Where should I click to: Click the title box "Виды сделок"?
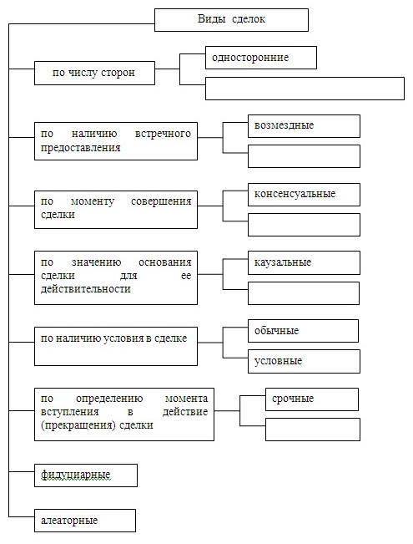pos(231,20)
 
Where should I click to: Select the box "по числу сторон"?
pos(94,74)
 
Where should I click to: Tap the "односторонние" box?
pos(261,58)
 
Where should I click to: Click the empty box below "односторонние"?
pos(305,89)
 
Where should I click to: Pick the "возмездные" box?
pos(304,126)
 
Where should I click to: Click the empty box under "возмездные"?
pos(304,156)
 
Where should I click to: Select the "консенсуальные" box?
pos(304,195)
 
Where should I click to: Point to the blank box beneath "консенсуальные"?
pos(304,225)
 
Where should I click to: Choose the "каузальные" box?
pos(304,263)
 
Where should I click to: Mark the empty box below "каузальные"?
pos(304,293)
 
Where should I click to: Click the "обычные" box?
pos(303,331)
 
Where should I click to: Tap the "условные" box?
pos(304,362)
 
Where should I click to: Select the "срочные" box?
pos(312,399)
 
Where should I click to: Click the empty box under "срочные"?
pos(313,430)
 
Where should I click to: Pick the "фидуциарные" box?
pos(86,475)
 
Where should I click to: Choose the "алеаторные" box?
pos(85,521)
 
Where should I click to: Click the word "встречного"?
pos(163,134)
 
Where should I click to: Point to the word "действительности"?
pos(86,288)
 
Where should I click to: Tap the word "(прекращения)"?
pos(78,425)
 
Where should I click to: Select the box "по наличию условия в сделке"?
pos(116,346)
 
